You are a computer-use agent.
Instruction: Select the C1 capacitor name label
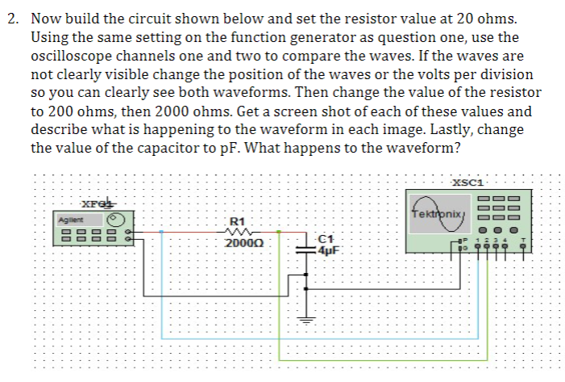(325, 238)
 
